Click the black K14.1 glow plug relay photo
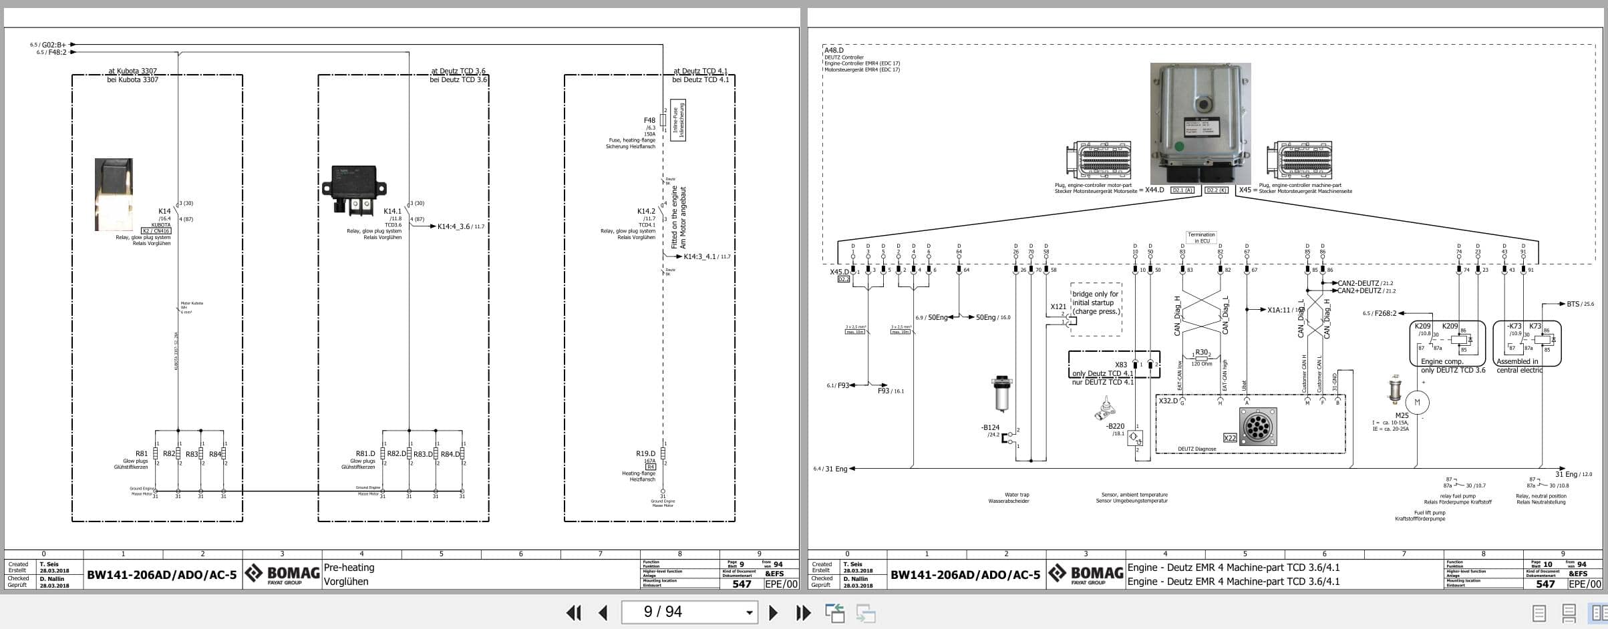354,190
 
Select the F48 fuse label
649,121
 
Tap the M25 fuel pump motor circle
1417,402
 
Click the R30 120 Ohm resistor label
1201,353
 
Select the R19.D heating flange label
645,453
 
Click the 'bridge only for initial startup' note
1096,302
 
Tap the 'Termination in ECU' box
1201,237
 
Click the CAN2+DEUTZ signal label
1359,291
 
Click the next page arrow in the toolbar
773,612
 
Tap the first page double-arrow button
573,612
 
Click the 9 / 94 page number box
688,612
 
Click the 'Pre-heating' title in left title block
349,568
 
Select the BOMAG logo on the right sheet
1086,574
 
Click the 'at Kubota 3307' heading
132,71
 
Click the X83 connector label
1120,365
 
